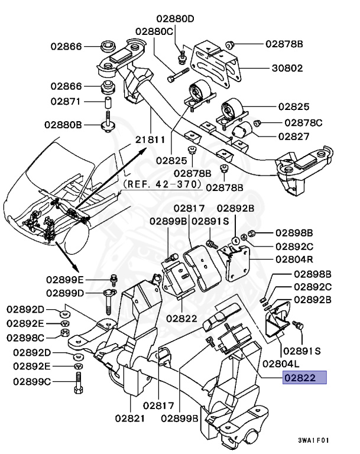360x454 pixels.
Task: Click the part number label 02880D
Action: coord(175,18)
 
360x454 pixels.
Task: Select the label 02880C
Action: coord(154,31)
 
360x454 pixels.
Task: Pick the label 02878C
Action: coord(303,123)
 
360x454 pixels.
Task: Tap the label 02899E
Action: coord(67,279)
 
